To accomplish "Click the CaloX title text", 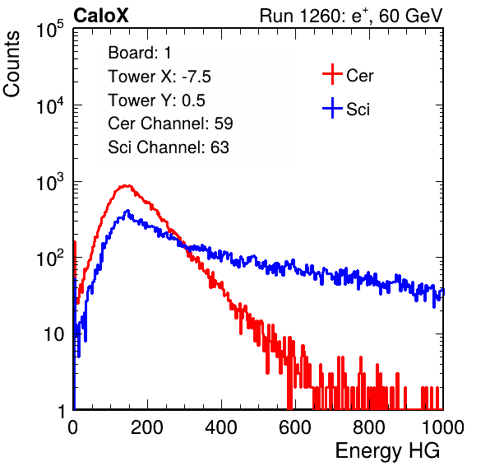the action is (x=101, y=16).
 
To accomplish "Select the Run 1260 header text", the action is (x=351, y=16).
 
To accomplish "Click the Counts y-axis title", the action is (x=12, y=63).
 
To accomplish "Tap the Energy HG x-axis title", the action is (x=387, y=451).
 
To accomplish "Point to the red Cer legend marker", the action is (x=332, y=74).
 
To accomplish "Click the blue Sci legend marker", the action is (x=332, y=109).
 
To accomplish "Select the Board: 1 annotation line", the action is (x=140, y=53).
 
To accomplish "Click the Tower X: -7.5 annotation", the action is (x=159, y=77).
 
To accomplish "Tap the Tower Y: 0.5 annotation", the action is (x=156, y=100).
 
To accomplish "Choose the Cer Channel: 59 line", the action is (x=170, y=124).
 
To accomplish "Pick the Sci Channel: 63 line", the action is (x=169, y=147).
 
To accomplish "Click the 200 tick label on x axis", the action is (x=147, y=427).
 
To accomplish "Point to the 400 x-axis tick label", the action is (x=221, y=427).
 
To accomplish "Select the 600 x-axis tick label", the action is (x=295, y=427).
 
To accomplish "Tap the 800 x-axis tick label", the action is (x=369, y=427).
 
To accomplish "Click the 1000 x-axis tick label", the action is (x=443, y=427).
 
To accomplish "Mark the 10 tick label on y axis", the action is (x=54, y=334).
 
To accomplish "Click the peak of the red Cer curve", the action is (x=126, y=185).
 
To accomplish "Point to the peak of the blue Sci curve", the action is (x=127, y=211).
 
